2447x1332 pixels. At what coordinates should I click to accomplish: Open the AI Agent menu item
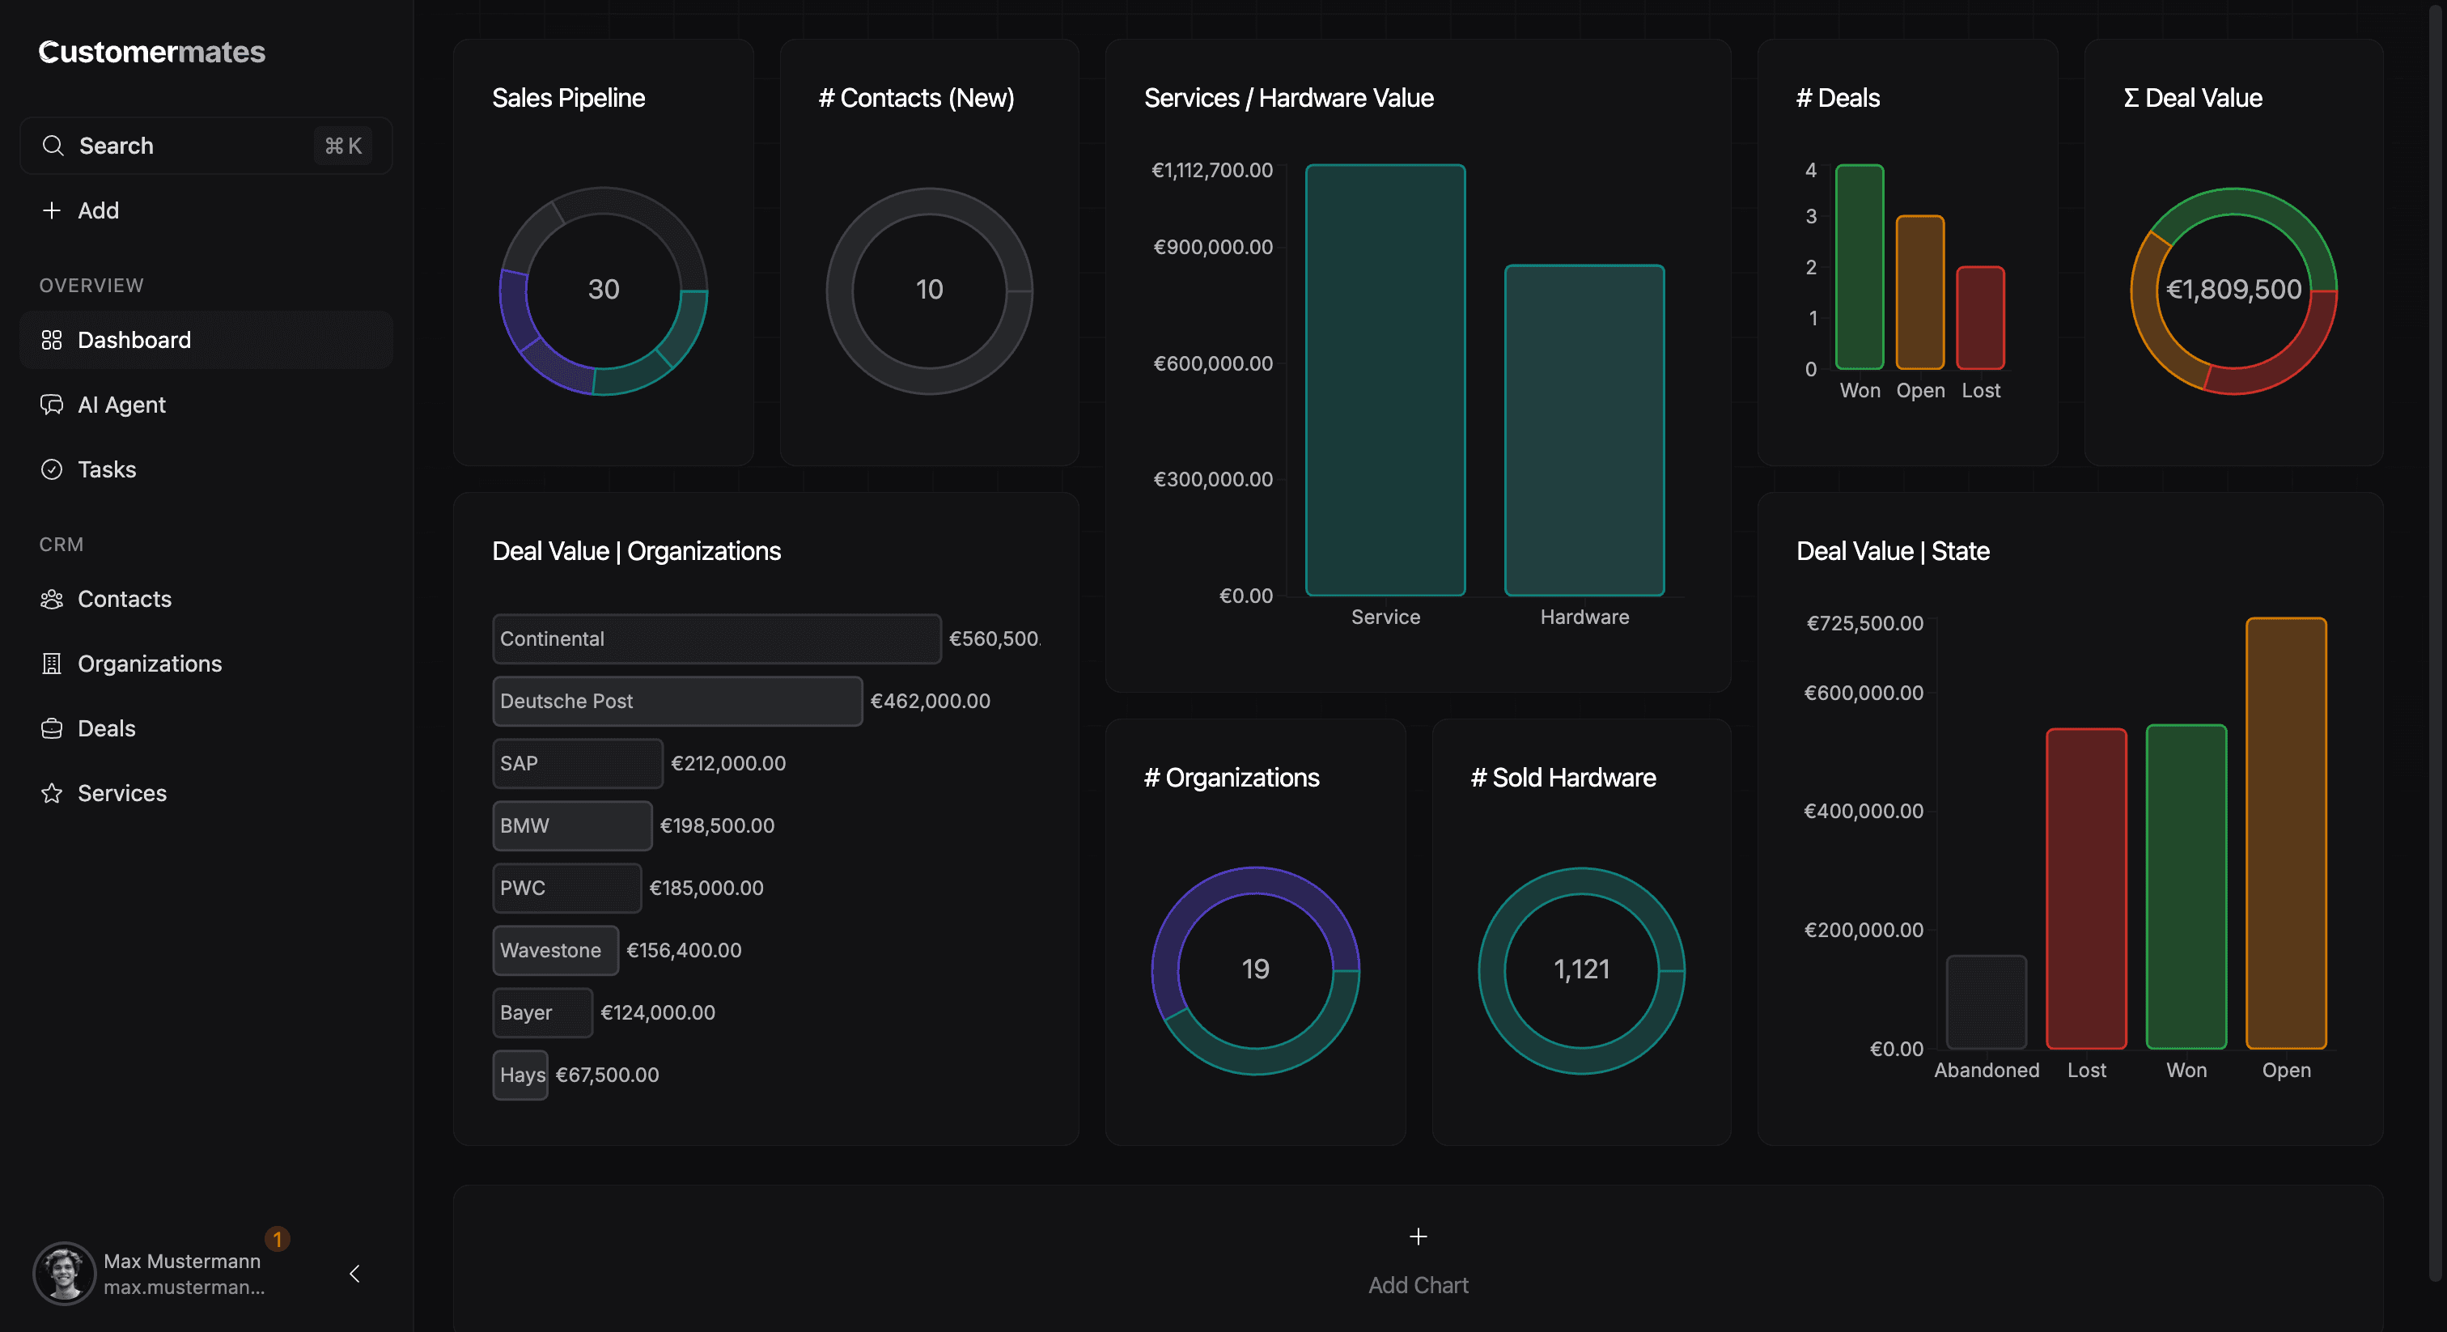121,405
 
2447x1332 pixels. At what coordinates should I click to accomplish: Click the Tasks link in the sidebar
106,469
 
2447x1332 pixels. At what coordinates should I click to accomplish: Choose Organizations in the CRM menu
149,663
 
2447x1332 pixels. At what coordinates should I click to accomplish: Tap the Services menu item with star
121,793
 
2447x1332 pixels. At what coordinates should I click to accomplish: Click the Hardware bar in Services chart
1584,431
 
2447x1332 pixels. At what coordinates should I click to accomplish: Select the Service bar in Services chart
1385,380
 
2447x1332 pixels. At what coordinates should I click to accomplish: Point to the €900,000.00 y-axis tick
1212,247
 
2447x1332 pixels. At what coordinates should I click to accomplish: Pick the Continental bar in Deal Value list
716,638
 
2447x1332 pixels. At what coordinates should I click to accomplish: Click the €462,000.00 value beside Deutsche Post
930,701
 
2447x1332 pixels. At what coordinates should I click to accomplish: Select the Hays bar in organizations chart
520,1075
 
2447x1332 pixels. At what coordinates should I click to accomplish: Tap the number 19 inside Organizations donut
1255,969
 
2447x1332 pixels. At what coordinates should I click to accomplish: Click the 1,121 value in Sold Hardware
1580,969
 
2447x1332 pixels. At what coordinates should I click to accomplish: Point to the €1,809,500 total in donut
2233,290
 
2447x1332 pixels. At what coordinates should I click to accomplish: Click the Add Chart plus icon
1417,1236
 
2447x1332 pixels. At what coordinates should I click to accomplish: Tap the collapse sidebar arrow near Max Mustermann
354,1273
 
